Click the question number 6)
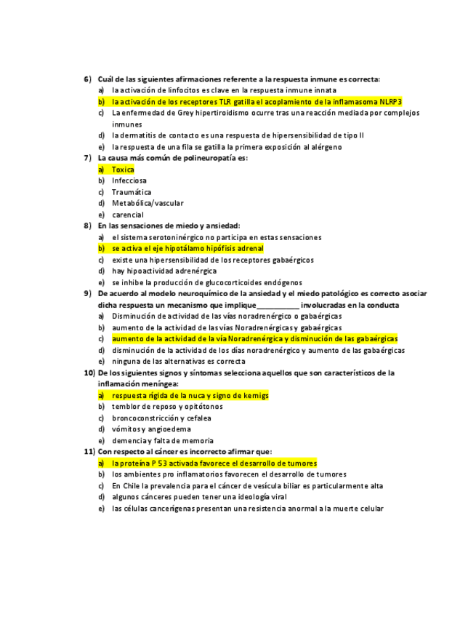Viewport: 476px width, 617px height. click(87, 79)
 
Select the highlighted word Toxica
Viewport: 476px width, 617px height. click(123, 170)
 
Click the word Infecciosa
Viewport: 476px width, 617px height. click(129, 180)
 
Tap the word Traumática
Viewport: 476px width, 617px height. click(132, 192)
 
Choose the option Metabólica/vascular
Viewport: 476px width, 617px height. click(148, 204)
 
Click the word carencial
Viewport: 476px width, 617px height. click(128, 215)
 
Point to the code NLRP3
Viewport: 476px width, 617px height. click(390, 102)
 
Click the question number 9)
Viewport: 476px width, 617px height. click(87, 293)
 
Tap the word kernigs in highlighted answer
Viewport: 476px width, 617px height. click(254, 395)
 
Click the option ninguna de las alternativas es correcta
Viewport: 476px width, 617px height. click(178, 361)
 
